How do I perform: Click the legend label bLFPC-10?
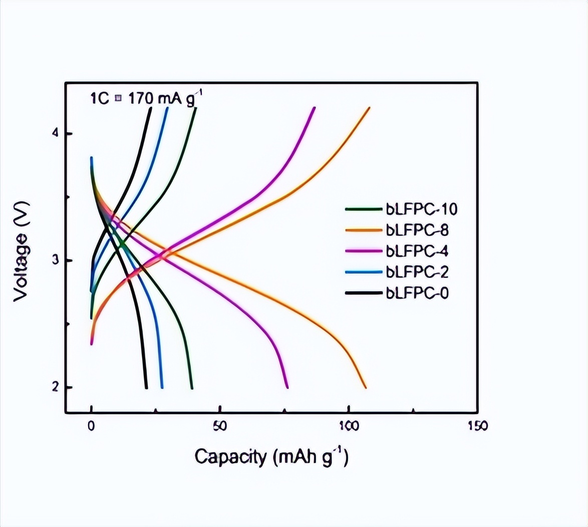coord(421,209)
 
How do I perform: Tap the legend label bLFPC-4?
coord(418,251)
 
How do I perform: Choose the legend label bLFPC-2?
coord(418,272)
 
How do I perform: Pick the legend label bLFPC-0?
coord(418,293)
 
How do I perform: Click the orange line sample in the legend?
coord(364,230)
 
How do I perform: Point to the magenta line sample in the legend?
coord(364,251)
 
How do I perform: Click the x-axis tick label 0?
coord(91,426)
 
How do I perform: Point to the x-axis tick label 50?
coord(220,426)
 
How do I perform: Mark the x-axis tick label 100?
coord(349,426)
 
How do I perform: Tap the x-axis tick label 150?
coord(477,426)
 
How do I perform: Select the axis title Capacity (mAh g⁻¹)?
coord(271,457)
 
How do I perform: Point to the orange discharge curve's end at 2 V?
coord(366,387)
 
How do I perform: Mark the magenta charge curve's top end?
coord(315,108)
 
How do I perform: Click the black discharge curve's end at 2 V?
coord(146,387)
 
